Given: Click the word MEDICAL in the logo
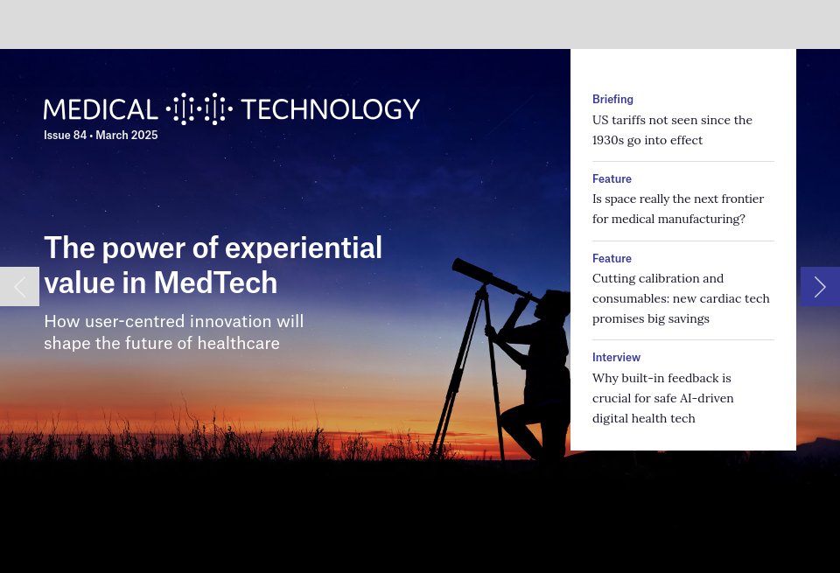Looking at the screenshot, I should (101, 109).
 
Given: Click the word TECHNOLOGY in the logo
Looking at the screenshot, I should (330, 109).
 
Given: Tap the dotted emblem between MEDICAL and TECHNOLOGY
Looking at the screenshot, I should (199, 109).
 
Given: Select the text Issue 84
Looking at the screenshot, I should (65, 136).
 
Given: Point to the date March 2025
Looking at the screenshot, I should (127, 136).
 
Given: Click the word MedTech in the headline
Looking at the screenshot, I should (215, 283).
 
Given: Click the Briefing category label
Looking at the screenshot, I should (612, 100).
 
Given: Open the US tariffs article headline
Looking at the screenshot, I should (672, 129).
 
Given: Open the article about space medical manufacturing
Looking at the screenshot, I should (677, 208).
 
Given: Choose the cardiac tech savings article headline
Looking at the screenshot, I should (681, 298).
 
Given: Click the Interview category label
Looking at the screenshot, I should (616, 358).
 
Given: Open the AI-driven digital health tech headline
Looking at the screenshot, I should (662, 398).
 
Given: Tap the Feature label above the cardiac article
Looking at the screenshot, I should (612, 259).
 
